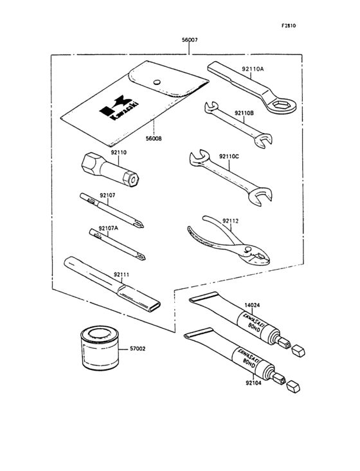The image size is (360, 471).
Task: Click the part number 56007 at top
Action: [190, 40]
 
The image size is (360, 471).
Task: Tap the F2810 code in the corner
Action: [289, 26]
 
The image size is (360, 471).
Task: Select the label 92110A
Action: [253, 69]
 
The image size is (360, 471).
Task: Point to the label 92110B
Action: [244, 113]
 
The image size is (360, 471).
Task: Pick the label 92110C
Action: [230, 156]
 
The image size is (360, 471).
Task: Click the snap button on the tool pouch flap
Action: [156, 82]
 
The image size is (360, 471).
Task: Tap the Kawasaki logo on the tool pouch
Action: [119, 109]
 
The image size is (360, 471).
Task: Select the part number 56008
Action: [154, 139]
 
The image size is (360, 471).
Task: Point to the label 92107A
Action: [108, 228]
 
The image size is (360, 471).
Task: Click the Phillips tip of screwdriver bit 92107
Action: [139, 224]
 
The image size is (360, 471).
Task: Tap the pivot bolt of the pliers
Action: [248, 249]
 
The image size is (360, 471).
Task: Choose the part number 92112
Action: [230, 221]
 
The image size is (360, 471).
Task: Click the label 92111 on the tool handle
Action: [122, 275]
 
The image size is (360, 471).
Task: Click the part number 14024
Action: [252, 305]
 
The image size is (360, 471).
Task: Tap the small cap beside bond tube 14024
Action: [298, 350]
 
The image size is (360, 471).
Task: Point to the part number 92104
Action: [253, 383]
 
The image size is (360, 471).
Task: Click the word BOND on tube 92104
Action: [248, 362]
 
